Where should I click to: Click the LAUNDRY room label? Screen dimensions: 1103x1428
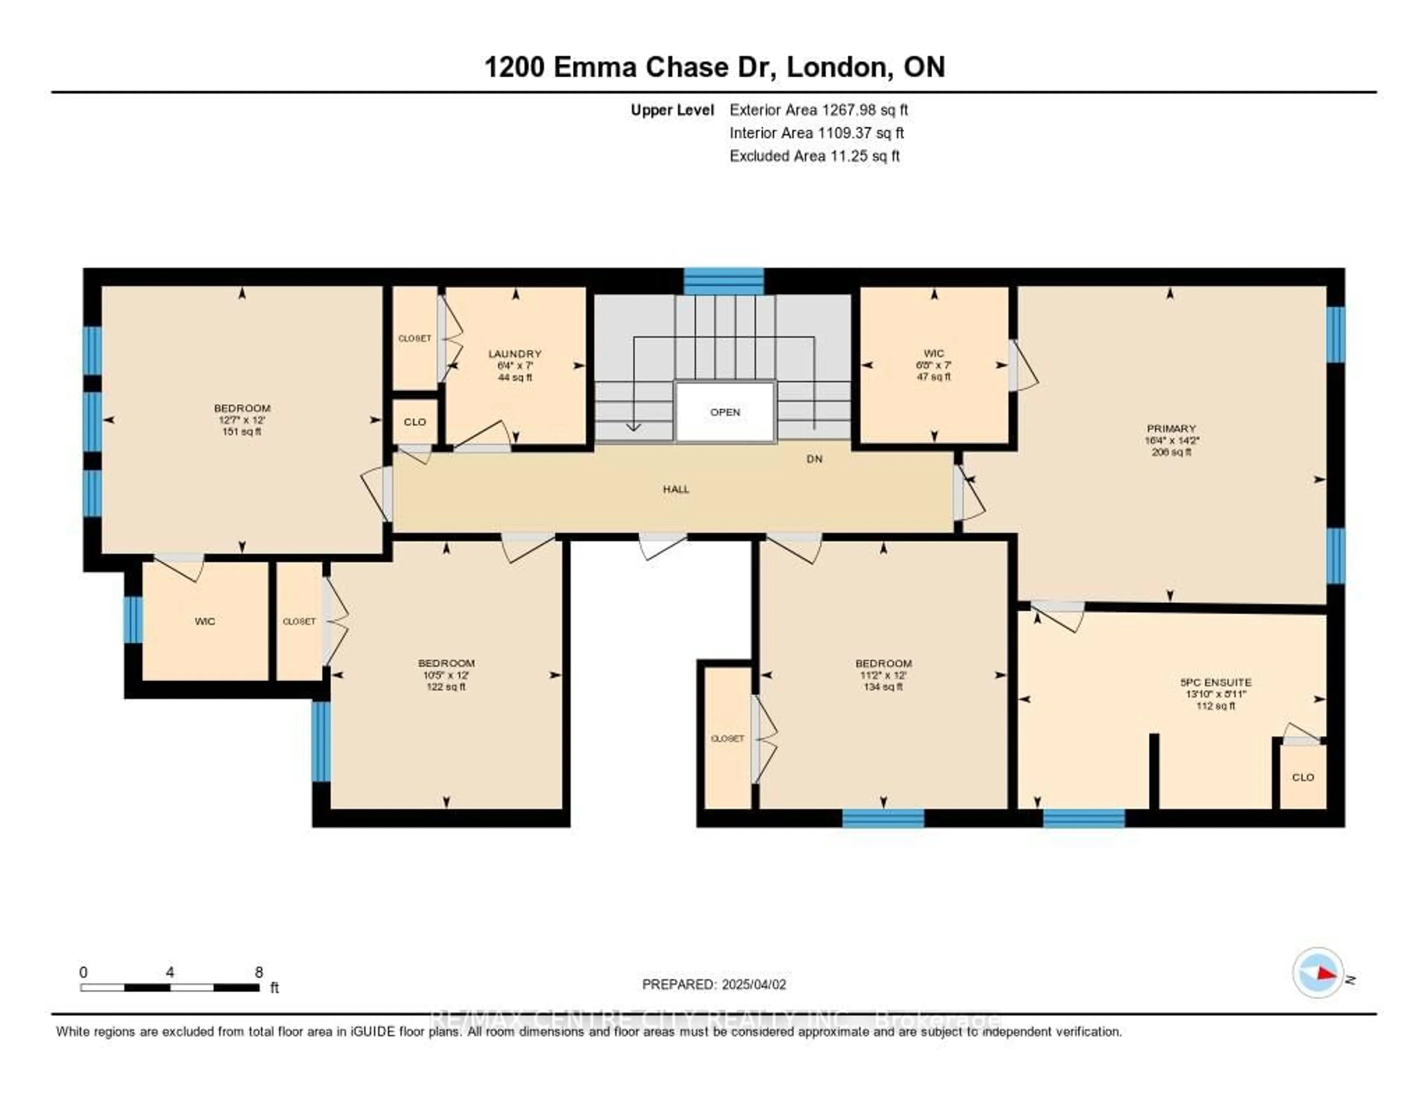click(x=515, y=354)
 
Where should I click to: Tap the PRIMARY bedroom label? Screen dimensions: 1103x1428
click(x=1170, y=428)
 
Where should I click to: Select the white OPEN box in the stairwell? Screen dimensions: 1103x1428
click(x=725, y=412)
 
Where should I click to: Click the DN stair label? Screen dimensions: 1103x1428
click(x=814, y=459)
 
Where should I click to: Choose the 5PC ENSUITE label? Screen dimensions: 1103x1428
click(x=1216, y=682)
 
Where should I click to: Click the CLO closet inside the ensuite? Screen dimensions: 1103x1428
click(x=1302, y=777)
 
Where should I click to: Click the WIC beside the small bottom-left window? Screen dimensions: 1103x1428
click(x=205, y=621)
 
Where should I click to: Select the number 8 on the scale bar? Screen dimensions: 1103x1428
click(x=259, y=972)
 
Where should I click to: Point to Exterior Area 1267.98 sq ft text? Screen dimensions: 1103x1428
click(x=818, y=110)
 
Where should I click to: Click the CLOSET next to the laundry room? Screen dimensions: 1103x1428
click(x=415, y=338)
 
